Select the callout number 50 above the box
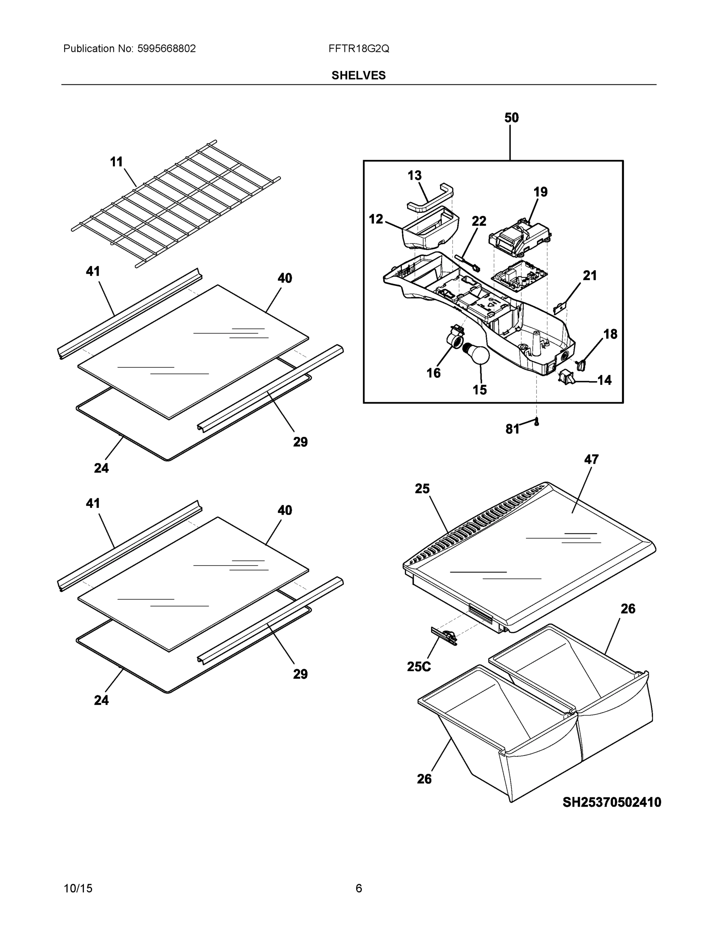[511, 118]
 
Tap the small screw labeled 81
[536, 422]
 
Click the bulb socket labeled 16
[454, 338]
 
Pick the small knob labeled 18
[581, 364]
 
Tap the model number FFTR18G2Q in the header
[358, 49]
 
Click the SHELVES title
[358, 75]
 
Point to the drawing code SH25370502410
[612, 802]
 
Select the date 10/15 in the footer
[78, 889]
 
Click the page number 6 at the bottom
[358, 889]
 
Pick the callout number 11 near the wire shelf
[116, 162]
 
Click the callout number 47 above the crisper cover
[591, 459]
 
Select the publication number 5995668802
[166, 49]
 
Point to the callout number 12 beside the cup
[375, 219]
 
